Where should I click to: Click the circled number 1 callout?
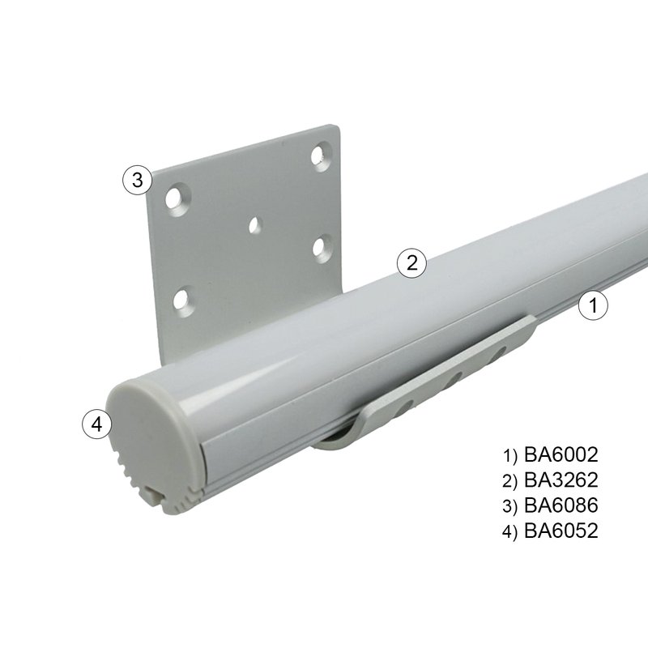click(593, 305)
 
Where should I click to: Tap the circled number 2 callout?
click(411, 262)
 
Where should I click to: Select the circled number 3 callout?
click(138, 180)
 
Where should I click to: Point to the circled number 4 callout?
click(97, 424)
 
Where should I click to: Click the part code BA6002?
click(561, 454)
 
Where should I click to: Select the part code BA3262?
click(561, 480)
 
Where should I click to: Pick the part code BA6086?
click(561, 505)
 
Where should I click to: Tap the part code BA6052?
click(561, 531)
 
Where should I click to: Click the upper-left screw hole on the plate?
click(177, 198)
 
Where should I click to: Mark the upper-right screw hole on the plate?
click(320, 156)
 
